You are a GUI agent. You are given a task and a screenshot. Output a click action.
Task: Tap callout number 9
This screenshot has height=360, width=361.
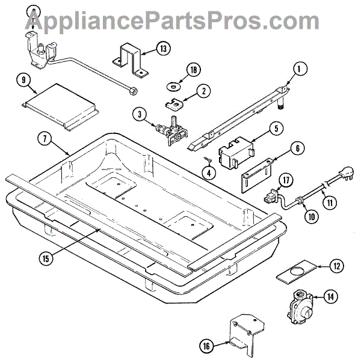click(x=23, y=79)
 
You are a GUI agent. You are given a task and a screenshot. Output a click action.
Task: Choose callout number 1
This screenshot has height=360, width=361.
click(x=297, y=69)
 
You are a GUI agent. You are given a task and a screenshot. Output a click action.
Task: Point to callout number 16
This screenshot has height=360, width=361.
click(x=207, y=345)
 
